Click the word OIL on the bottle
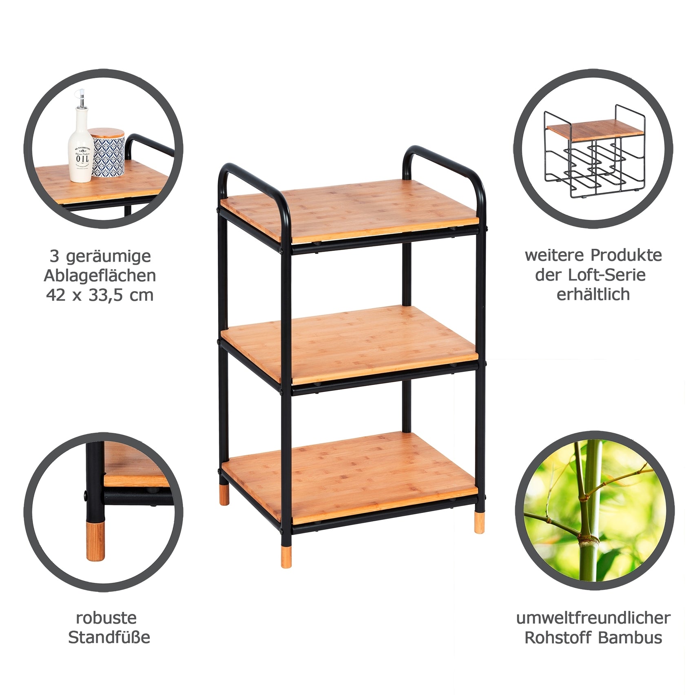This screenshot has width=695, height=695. click(x=82, y=158)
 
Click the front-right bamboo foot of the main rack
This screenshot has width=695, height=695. click(x=480, y=523)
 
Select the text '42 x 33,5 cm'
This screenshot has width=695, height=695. click(x=100, y=295)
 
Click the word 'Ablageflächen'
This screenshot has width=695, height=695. click(x=100, y=276)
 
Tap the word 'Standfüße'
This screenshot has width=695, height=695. click(x=109, y=649)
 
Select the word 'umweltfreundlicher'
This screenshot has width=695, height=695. click(x=593, y=629)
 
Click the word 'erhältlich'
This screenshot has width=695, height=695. click(x=593, y=294)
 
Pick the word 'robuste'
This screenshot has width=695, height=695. click(x=106, y=629)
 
